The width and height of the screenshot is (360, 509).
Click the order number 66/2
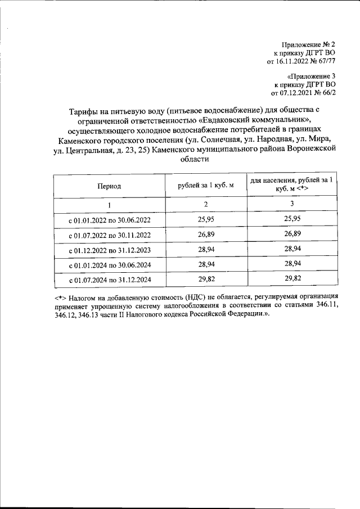329,92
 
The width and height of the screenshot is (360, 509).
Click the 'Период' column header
109,185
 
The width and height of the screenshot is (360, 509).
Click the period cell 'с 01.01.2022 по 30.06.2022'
109,219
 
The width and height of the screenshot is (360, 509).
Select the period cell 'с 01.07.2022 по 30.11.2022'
109,235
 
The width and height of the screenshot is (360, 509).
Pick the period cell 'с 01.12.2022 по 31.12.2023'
109,250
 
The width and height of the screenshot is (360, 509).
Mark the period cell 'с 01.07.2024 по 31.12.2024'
109,279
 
